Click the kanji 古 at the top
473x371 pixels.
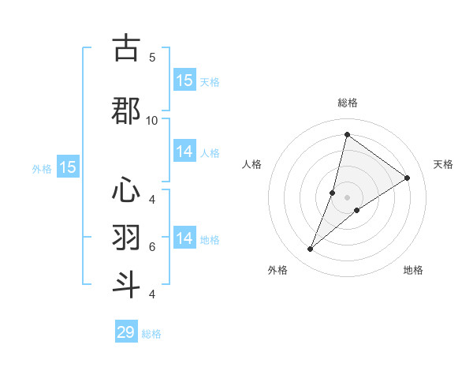(x=126, y=49)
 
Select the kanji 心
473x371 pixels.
(x=126, y=190)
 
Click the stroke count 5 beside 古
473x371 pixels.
(x=152, y=57)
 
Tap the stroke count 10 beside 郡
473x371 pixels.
(x=152, y=120)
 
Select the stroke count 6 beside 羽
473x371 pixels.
(x=152, y=246)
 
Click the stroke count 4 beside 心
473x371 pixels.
(x=152, y=198)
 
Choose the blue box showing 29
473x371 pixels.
(x=126, y=332)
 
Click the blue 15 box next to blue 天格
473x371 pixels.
(x=184, y=81)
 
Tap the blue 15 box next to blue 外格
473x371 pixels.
(x=68, y=167)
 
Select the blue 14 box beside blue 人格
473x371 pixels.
(x=184, y=152)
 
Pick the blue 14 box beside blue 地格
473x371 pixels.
(x=184, y=238)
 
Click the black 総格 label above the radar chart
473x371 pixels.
(x=347, y=103)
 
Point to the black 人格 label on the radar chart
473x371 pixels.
(x=252, y=164)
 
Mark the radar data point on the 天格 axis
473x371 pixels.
(x=408, y=178)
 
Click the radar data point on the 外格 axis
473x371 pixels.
(x=311, y=249)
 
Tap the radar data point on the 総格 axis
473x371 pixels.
(x=347, y=134)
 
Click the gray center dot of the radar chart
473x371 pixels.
(x=347, y=197)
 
